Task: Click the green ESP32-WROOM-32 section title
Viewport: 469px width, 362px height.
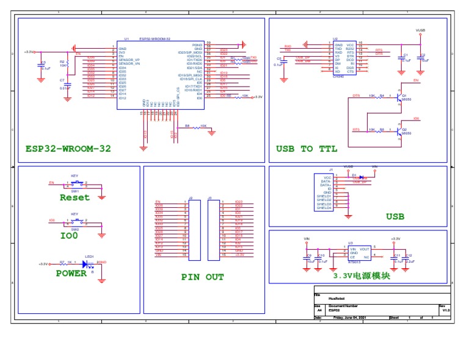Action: (68, 148)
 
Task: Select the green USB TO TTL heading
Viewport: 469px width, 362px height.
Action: (307, 148)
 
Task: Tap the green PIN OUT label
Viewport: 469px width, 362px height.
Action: (202, 277)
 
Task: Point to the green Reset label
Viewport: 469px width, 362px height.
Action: (75, 197)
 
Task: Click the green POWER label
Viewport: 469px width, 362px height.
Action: (71, 274)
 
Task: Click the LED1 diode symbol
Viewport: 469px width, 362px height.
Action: (87, 264)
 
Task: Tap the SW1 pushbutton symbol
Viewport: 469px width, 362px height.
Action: (75, 183)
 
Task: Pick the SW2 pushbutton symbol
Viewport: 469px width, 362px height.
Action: (75, 223)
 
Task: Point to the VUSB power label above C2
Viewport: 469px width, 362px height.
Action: (420, 29)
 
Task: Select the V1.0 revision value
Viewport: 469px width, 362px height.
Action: (446, 310)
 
